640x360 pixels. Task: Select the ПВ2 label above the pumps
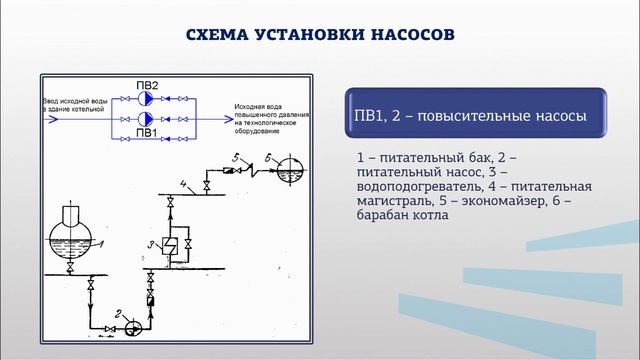pos(146,86)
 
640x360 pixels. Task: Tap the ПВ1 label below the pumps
pos(146,131)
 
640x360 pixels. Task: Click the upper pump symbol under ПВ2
pos(146,100)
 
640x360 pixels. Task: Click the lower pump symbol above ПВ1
pos(146,118)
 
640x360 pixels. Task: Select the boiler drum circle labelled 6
pos(289,165)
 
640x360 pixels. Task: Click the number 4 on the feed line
pos(183,183)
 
